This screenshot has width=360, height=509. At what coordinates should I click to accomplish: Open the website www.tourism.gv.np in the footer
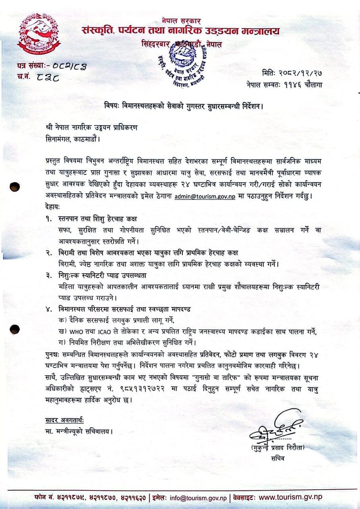coord(290,497)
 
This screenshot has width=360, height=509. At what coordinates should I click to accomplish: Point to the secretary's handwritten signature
coord(275,428)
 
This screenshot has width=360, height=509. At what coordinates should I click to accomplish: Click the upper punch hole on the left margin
coord(15,187)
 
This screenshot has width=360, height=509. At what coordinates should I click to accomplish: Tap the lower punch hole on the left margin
coord(15,329)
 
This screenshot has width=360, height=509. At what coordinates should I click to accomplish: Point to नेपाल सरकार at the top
coord(181,21)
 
